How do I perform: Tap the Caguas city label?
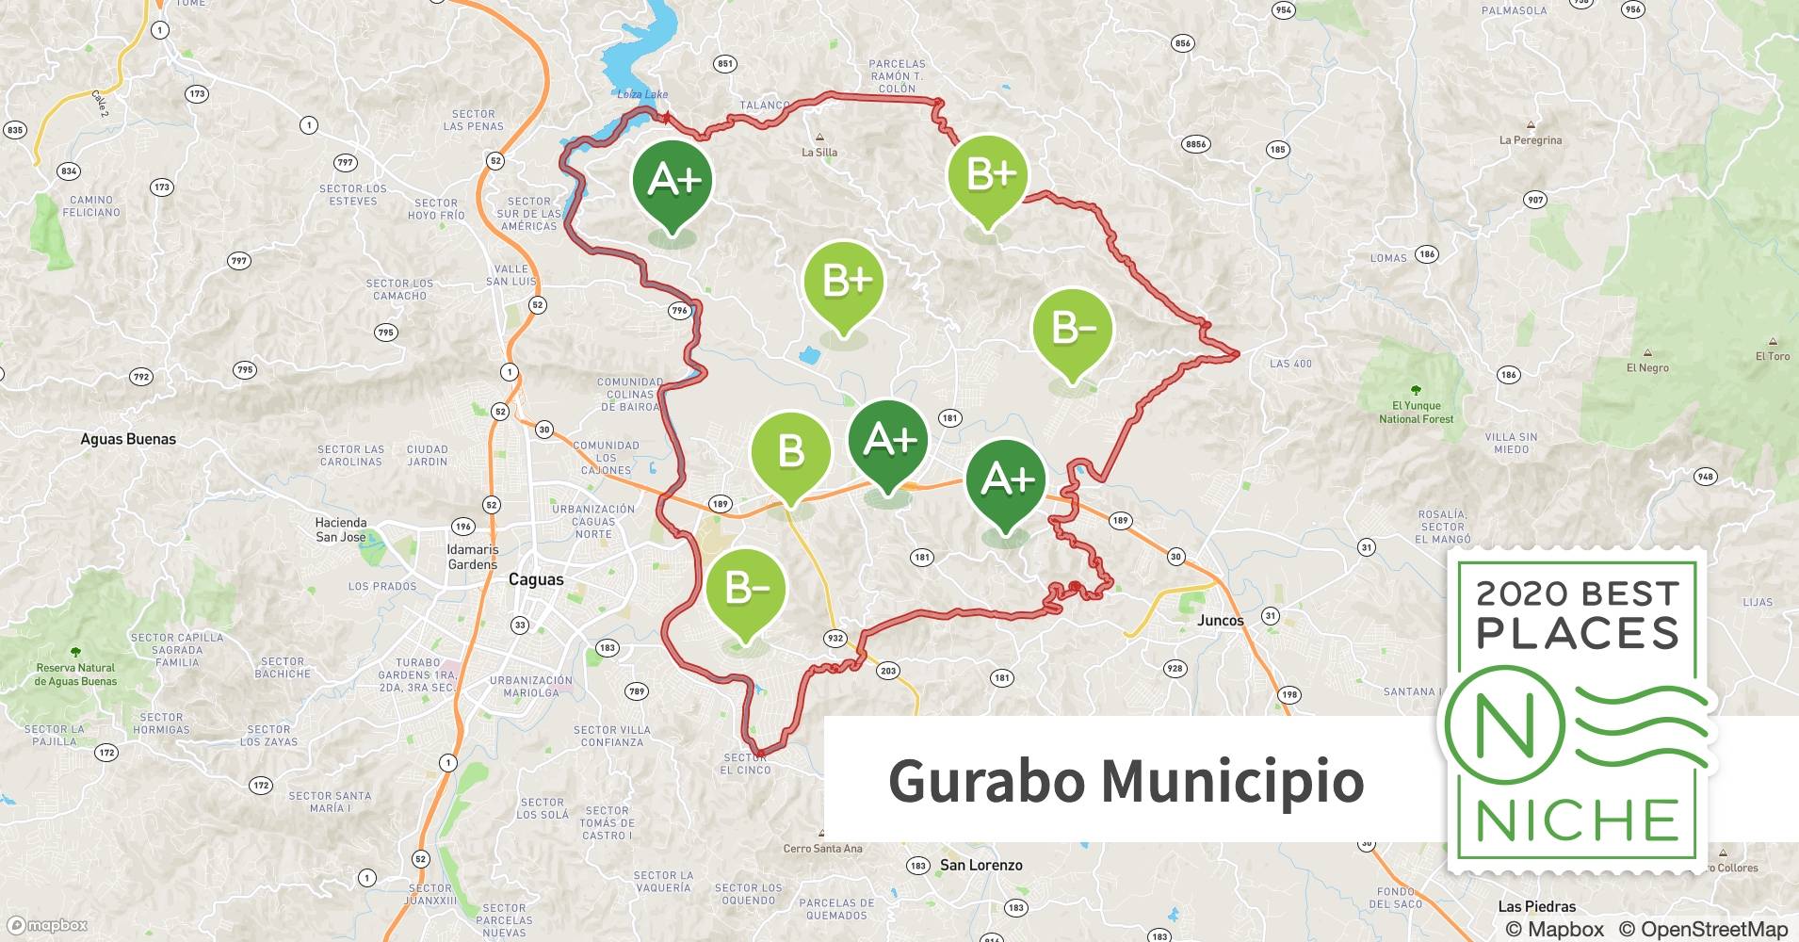(x=536, y=579)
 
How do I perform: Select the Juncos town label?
(x=1220, y=620)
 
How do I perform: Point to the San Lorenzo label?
(x=981, y=865)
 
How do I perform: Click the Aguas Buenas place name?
(x=128, y=439)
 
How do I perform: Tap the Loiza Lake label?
(x=642, y=94)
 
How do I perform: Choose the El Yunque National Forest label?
(x=1416, y=413)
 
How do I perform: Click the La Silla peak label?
(x=818, y=152)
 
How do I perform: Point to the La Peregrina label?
(x=1530, y=140)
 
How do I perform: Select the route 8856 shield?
(x=1195, y=144)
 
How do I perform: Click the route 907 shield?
(x=1535, y=200)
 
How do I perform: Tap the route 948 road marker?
(x=1705, y=477)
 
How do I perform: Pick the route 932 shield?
(x=835, y=638)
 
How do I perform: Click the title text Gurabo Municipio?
(x=1126, y=781)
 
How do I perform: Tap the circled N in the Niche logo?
(x=1504, y=726)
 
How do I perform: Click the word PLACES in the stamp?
(x=1578, y=633)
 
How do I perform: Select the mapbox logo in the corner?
(x=48, y=925)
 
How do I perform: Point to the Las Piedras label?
(x=1536, y=906)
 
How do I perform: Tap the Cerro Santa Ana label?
(x=822, y=849)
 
